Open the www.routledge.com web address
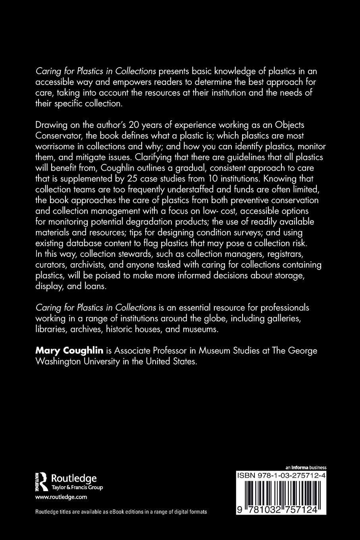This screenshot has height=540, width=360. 61,497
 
